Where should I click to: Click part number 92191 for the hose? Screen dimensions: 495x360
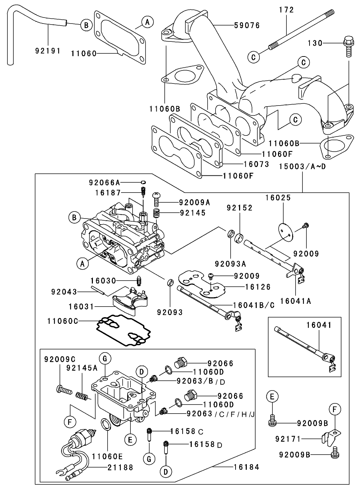[x=48, y=51]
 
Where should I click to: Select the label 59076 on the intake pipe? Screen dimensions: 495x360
[x=247, y=26]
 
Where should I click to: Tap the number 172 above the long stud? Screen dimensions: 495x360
[x=286, y=10]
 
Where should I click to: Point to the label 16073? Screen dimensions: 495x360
[x=256, y=164]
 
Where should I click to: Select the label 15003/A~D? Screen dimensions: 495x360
[x=303, y=166]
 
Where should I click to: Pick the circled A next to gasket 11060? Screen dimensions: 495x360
[x=148, y=22]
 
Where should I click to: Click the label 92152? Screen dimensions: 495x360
[x=239, y=208]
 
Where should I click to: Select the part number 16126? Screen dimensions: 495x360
[x=258, y=287]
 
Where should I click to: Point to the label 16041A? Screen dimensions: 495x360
[x=296, y=301]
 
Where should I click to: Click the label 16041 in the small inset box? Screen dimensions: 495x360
[x=319, y=325]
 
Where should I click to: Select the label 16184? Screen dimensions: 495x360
[x=246, y=467]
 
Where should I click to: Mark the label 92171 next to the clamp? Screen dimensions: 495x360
[x=289, y=438]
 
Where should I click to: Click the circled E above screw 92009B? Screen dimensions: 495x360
[x=272, y=397]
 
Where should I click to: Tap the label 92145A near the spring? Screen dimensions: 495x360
[x=82, y=368]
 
